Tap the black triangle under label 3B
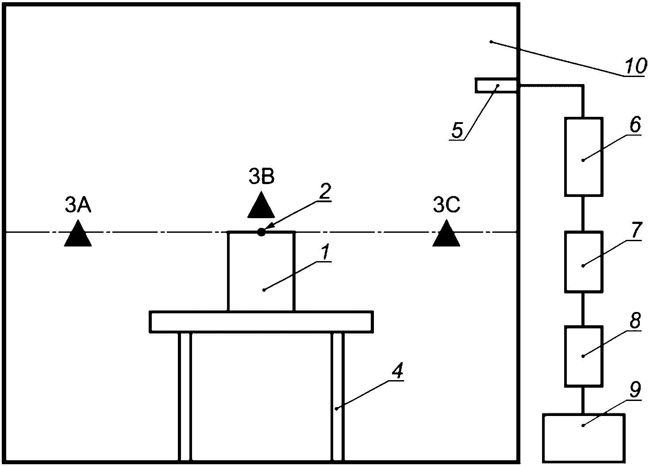[x=261, y=206]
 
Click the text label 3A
[x=78, y=205]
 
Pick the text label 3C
[x=446, y=205]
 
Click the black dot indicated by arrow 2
[x=262, y=232]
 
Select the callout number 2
[x=325, y=191]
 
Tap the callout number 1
[x=325, y=252]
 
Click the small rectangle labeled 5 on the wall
[x=496, y=85]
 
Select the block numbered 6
[x=583, y=156]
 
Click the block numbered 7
[x=583, y=262]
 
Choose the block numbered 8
[x=583, y=356]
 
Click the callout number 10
[x=636, y=66]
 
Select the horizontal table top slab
[x=261, y=322]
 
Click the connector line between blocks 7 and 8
[x=583, y=309]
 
